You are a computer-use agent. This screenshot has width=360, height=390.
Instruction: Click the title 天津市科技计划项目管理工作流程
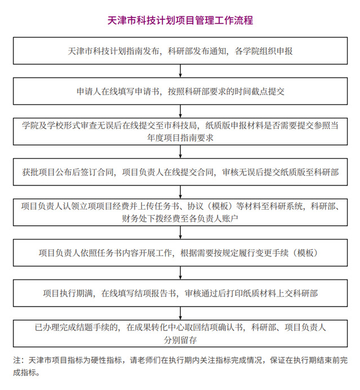[x=180, y=20]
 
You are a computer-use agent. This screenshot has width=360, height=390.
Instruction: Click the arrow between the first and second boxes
[x=180, y=71]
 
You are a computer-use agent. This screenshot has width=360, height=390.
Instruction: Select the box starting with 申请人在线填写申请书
[x=180, y=91]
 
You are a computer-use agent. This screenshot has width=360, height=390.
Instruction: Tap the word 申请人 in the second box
[x=89, y=91]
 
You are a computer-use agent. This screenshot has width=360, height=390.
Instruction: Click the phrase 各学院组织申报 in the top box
[x=264, y=51]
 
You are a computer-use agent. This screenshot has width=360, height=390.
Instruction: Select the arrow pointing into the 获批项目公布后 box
[x=180, y=152]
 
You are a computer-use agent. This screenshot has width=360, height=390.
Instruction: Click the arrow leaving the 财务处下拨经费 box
[x=180, y=233]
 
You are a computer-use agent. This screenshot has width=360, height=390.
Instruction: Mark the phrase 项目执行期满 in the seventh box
[x=68, y=293]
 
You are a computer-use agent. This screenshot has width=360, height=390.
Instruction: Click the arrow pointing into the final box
[x=180, y=313]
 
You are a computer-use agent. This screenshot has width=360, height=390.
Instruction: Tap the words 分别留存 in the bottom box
[x=180, y=340]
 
